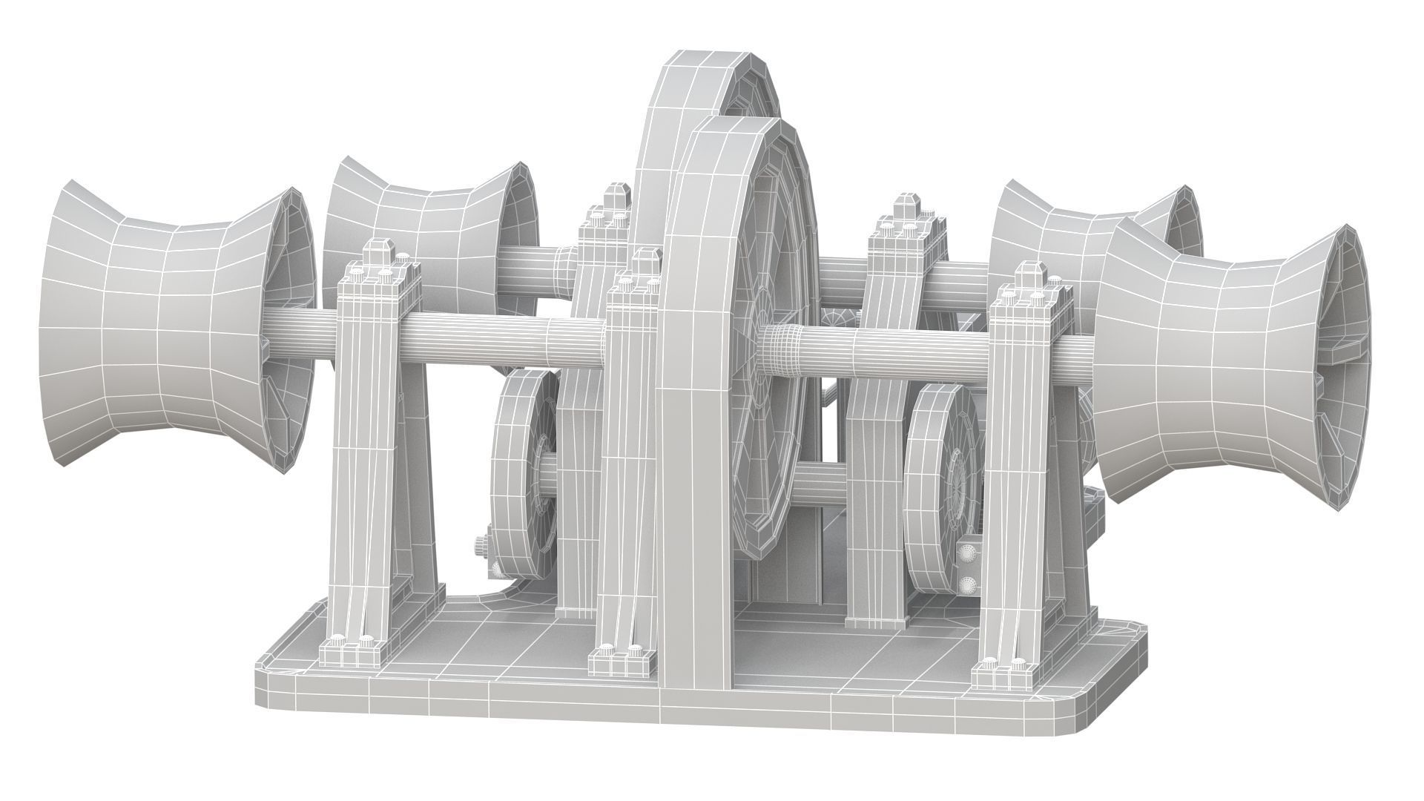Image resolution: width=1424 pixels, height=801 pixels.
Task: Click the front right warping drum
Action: tap(1216, 371)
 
